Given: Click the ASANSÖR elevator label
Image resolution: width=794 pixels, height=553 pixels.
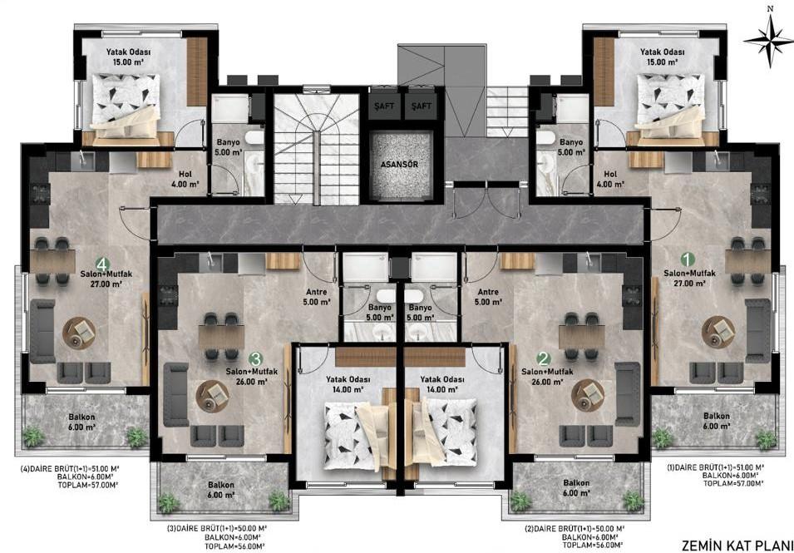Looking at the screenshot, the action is point(400,165).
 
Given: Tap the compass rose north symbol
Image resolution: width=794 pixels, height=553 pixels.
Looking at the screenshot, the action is point(770,41).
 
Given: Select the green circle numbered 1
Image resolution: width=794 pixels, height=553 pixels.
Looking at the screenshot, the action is point(687,259).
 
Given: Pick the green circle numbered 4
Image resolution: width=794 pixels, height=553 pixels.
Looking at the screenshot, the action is point(103,264).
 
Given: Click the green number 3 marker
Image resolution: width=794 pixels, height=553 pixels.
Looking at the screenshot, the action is point(256,359).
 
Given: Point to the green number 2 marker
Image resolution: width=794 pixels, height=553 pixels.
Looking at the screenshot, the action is point(544,359).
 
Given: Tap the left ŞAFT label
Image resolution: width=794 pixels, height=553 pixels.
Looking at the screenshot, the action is point(384,106).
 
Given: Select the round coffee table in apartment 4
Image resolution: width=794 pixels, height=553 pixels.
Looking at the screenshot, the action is point(78,332).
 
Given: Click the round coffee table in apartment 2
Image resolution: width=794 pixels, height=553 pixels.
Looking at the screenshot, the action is point(588,395).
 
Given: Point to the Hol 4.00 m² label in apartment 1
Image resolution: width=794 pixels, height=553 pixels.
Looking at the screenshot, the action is point(611,180).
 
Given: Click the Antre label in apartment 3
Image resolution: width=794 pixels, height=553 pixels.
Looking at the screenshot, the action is point(317,292).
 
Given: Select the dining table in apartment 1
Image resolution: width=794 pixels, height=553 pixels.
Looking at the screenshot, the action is point(747,261).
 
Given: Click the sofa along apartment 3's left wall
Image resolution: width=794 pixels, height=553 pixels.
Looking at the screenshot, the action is point(175,395).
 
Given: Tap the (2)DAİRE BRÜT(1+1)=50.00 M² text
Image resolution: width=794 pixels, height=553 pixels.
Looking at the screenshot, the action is point(575,528).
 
